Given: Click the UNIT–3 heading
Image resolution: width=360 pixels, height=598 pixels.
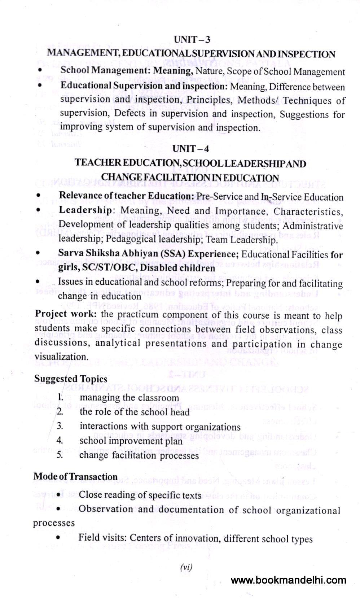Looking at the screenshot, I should point(192,39).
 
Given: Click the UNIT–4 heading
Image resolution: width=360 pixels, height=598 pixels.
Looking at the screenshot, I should point(191,149).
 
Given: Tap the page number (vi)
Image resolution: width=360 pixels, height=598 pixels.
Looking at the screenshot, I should point(186,567).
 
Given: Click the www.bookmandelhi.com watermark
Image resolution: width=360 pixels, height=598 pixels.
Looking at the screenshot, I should point(288,580).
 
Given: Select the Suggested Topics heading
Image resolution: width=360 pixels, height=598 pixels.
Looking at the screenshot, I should point(71,379).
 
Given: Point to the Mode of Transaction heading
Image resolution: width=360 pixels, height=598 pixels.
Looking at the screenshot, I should point(75,477).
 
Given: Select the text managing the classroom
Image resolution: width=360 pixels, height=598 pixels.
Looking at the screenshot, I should point(129,398).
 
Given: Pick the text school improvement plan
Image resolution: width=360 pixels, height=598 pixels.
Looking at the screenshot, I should point(131,441).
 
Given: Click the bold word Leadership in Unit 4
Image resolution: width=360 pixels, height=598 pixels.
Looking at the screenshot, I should point(85,210).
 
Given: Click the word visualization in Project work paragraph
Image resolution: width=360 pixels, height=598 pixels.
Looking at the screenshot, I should point(61,357).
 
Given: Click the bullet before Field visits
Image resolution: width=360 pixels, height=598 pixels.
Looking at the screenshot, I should point(58,538).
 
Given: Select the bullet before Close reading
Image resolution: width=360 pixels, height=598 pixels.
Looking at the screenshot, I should point(58,494).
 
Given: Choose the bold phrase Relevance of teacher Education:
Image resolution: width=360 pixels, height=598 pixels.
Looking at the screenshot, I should point(127,196).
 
